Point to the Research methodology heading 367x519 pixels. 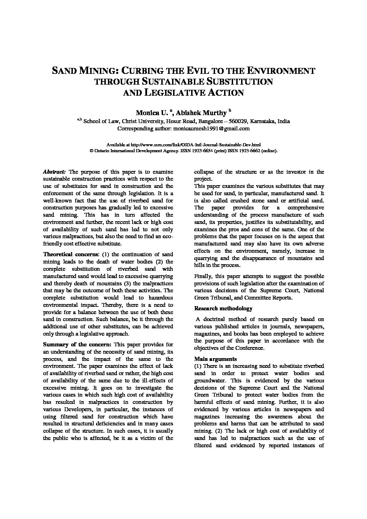223,309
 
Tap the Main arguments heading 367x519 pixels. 215,359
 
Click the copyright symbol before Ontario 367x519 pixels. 92,151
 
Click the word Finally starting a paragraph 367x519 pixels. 204,276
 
